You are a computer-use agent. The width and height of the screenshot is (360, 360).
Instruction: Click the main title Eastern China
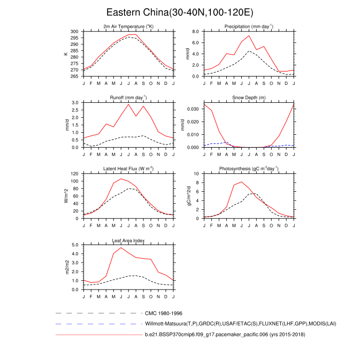pos(180,12)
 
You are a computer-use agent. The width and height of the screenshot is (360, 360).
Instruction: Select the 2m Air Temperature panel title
pos(129,26)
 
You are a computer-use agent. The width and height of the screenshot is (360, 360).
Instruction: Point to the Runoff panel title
pos(129,97)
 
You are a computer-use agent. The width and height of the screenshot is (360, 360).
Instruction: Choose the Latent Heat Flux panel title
pos(129,169)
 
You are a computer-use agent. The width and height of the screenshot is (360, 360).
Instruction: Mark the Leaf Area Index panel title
pos(129,240)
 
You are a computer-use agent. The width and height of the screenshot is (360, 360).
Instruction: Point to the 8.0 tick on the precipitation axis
pos(194,31)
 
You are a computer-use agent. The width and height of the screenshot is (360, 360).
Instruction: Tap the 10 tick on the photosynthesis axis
pos(196,174)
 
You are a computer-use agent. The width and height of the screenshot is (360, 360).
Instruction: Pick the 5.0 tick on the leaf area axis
pos(75,245)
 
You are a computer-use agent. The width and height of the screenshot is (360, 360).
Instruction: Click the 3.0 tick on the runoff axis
pos(75,103)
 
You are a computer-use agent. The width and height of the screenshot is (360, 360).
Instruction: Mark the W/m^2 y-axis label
pos(66,196)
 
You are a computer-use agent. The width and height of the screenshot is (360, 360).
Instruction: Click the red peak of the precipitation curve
pos(249,35)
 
